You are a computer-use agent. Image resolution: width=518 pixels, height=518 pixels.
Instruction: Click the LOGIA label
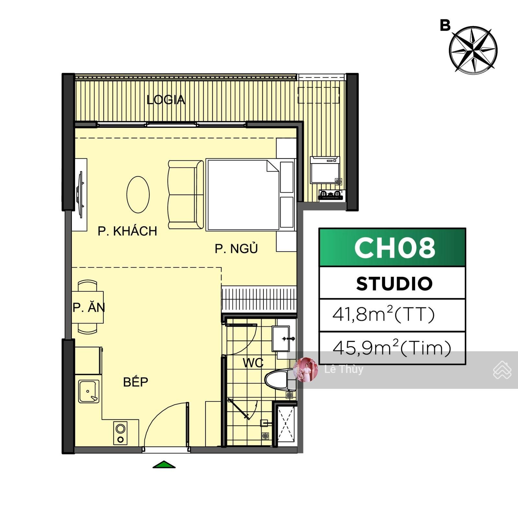tap(166, 100)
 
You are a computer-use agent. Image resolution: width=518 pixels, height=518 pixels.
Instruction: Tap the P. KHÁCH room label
tap(127, 231)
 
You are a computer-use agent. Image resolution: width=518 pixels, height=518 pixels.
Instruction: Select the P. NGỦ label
tap(236, 248)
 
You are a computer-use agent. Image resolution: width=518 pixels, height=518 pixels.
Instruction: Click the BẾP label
tap(136, 382)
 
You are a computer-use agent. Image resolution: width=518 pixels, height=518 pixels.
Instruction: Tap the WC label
tap(253, 363)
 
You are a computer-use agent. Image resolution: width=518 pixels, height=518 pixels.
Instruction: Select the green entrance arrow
tap(164, 465)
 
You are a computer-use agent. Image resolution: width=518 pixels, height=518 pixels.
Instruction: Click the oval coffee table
tap(138, 195)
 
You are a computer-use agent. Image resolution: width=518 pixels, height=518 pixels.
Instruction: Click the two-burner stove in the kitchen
tap(120, 433)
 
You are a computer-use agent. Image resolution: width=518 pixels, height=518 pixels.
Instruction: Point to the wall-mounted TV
tap(80, 195)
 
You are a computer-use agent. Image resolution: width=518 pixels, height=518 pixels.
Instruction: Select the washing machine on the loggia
tap(325, 170)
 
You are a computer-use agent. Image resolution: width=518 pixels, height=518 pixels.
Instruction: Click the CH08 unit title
tap(395, 248)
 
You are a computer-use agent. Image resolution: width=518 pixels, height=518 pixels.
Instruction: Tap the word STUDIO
tap(394, 284)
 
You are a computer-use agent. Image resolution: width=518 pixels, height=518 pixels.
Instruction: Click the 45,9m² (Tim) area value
tap(392, 348)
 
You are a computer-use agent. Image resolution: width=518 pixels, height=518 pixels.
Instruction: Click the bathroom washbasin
tap(281, 339)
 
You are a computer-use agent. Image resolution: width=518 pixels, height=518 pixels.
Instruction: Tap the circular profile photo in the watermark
tap(305, 369)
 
